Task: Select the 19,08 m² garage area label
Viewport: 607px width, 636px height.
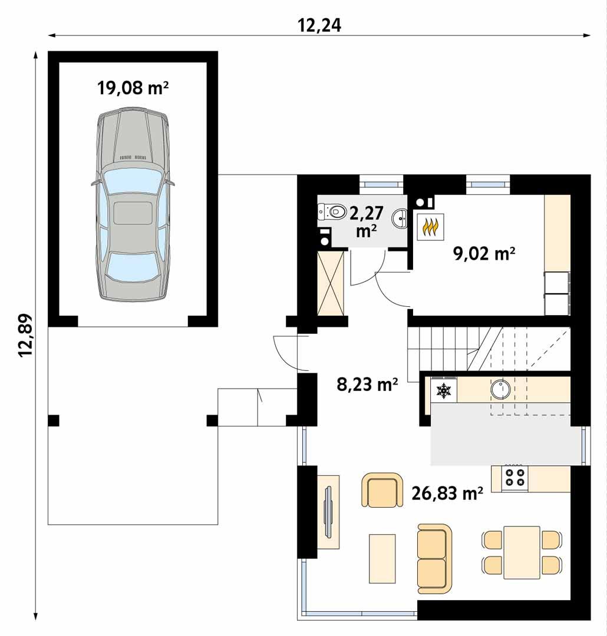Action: coord(133,88)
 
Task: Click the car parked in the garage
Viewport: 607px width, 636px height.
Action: coord(133,204)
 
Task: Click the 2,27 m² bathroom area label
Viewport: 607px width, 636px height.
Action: coord(367,221)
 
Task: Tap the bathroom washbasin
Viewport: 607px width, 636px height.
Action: coord(402,217)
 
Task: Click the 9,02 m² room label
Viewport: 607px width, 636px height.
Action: coord(484,254)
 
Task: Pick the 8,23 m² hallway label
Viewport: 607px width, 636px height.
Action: coord(367,385)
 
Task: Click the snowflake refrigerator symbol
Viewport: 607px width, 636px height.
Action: coord(443,390)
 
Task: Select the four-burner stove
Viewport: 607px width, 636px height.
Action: coord(514,478)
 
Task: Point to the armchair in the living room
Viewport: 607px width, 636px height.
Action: coord(381,490)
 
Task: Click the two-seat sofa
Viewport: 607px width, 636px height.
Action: coord(433,554)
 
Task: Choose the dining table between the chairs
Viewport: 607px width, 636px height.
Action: coord(522,552)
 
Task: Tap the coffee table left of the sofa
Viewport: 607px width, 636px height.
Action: coord(382,558)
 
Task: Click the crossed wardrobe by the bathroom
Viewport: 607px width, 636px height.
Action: coord(331,283)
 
